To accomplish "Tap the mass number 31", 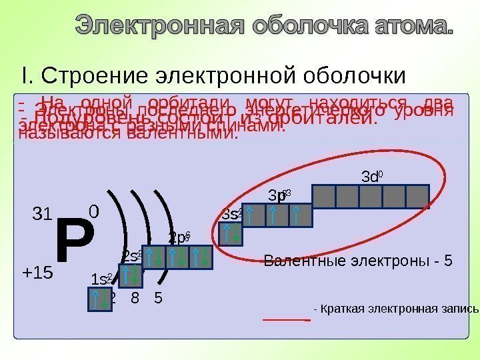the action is pyautogui.click(x=42, y=215).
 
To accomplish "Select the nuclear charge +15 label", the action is pyautogui.click(x=37, y=273).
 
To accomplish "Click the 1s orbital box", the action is pyautogui.click(x=100, y=299).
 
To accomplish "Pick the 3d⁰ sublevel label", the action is pyautogui.click(x=371, y=177).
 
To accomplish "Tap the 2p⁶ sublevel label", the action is pyautogui.click(x=178, y=237).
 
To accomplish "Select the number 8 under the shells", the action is pyautogui.click(x=135, y=298).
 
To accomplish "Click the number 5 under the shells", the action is pyautogui.click(x=157, y=298).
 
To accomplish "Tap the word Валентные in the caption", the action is pyautogui.click(x=296, y=261).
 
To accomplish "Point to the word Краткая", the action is pyautogui.click(x=343, y=309).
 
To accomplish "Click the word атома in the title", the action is pyautogui.click(x=409, y=28).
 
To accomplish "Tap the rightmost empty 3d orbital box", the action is pyautogui.click(x=417, y=196).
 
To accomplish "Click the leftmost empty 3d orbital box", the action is pyautogui.click(x=324, y=196).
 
